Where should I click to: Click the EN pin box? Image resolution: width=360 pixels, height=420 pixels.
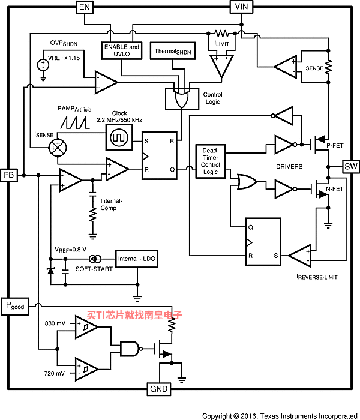tap(85, 7)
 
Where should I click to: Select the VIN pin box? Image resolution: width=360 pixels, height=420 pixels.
tap(241, 7)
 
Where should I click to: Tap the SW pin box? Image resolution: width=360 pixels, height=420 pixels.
tap(351, 167)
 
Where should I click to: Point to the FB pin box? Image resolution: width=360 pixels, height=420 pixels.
tap(9, 175)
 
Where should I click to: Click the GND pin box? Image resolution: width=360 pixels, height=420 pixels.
tap(159, 389)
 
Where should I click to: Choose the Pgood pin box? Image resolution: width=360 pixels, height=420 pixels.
tap(15, 306)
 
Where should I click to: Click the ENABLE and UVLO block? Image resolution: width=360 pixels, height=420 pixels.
tap(122, 50)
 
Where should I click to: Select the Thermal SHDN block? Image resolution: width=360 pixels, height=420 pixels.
tap(173, 51)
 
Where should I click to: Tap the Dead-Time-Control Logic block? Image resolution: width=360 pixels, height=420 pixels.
tap(211, 161)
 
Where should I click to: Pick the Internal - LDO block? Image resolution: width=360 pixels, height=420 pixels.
tap(137, 259)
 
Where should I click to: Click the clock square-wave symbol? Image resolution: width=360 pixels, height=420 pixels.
tap(119, 137)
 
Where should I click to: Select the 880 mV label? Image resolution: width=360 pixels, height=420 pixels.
tap(55, 323)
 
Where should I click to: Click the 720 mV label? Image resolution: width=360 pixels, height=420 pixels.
tap(55, 373)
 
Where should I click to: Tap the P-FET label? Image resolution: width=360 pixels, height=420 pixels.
tap(335, 145)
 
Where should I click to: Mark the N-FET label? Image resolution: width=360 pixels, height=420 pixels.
tap(335, 189)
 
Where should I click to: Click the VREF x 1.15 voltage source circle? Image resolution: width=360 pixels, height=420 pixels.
tap(43, 65)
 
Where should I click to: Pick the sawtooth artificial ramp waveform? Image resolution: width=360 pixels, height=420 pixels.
tap(75, 122)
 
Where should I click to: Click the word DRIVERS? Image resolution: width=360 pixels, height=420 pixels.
tap(289, 167)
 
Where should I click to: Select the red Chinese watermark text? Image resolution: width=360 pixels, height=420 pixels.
tap(134, 315)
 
